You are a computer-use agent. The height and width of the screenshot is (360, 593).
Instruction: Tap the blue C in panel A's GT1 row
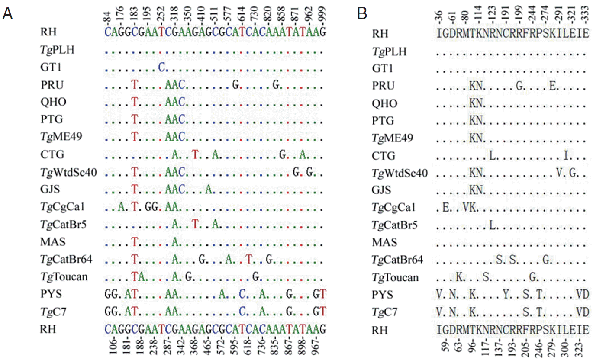[x=161, y=67]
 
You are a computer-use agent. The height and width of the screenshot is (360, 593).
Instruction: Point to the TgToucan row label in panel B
[x=395, y=277]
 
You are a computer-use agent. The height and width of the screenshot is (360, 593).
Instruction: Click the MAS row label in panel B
[x=385, y=242]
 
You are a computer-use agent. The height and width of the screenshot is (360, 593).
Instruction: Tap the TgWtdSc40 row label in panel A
[x=67, y=173]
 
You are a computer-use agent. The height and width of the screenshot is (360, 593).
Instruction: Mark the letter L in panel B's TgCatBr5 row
[x=492, y=225]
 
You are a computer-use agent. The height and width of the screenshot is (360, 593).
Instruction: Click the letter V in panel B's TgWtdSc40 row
[x=558, y=173]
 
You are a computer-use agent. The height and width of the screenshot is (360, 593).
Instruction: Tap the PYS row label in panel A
[x=47, y=294]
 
